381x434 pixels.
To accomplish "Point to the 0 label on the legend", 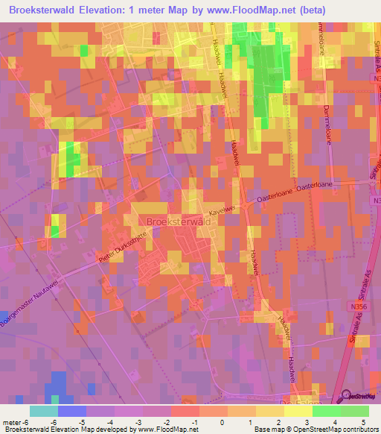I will tap(212, 421).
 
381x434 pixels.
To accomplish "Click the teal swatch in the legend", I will tap(43, 411).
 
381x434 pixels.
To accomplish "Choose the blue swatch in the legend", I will tap(71, 411).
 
